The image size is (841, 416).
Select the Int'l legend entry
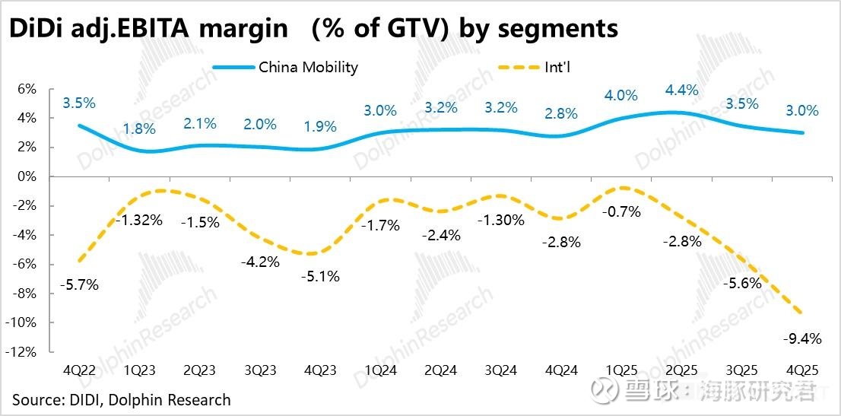pos(557,67)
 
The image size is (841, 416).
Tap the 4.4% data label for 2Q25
pos(681,91)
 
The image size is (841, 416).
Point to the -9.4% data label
pos(801,339)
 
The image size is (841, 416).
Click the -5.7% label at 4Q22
pos(78,285)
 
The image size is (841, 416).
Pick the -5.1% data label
pos(320,276)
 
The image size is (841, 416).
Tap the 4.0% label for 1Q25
pos(620,96)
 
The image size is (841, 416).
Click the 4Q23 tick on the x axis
pos(320,371)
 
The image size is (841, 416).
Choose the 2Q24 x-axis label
pos(441,371)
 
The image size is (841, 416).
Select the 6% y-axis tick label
pos(27,89)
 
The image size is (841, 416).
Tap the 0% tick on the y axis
pos(27,176)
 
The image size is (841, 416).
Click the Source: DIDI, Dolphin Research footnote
pos(121,399)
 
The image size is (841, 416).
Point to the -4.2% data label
pos(259,262)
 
